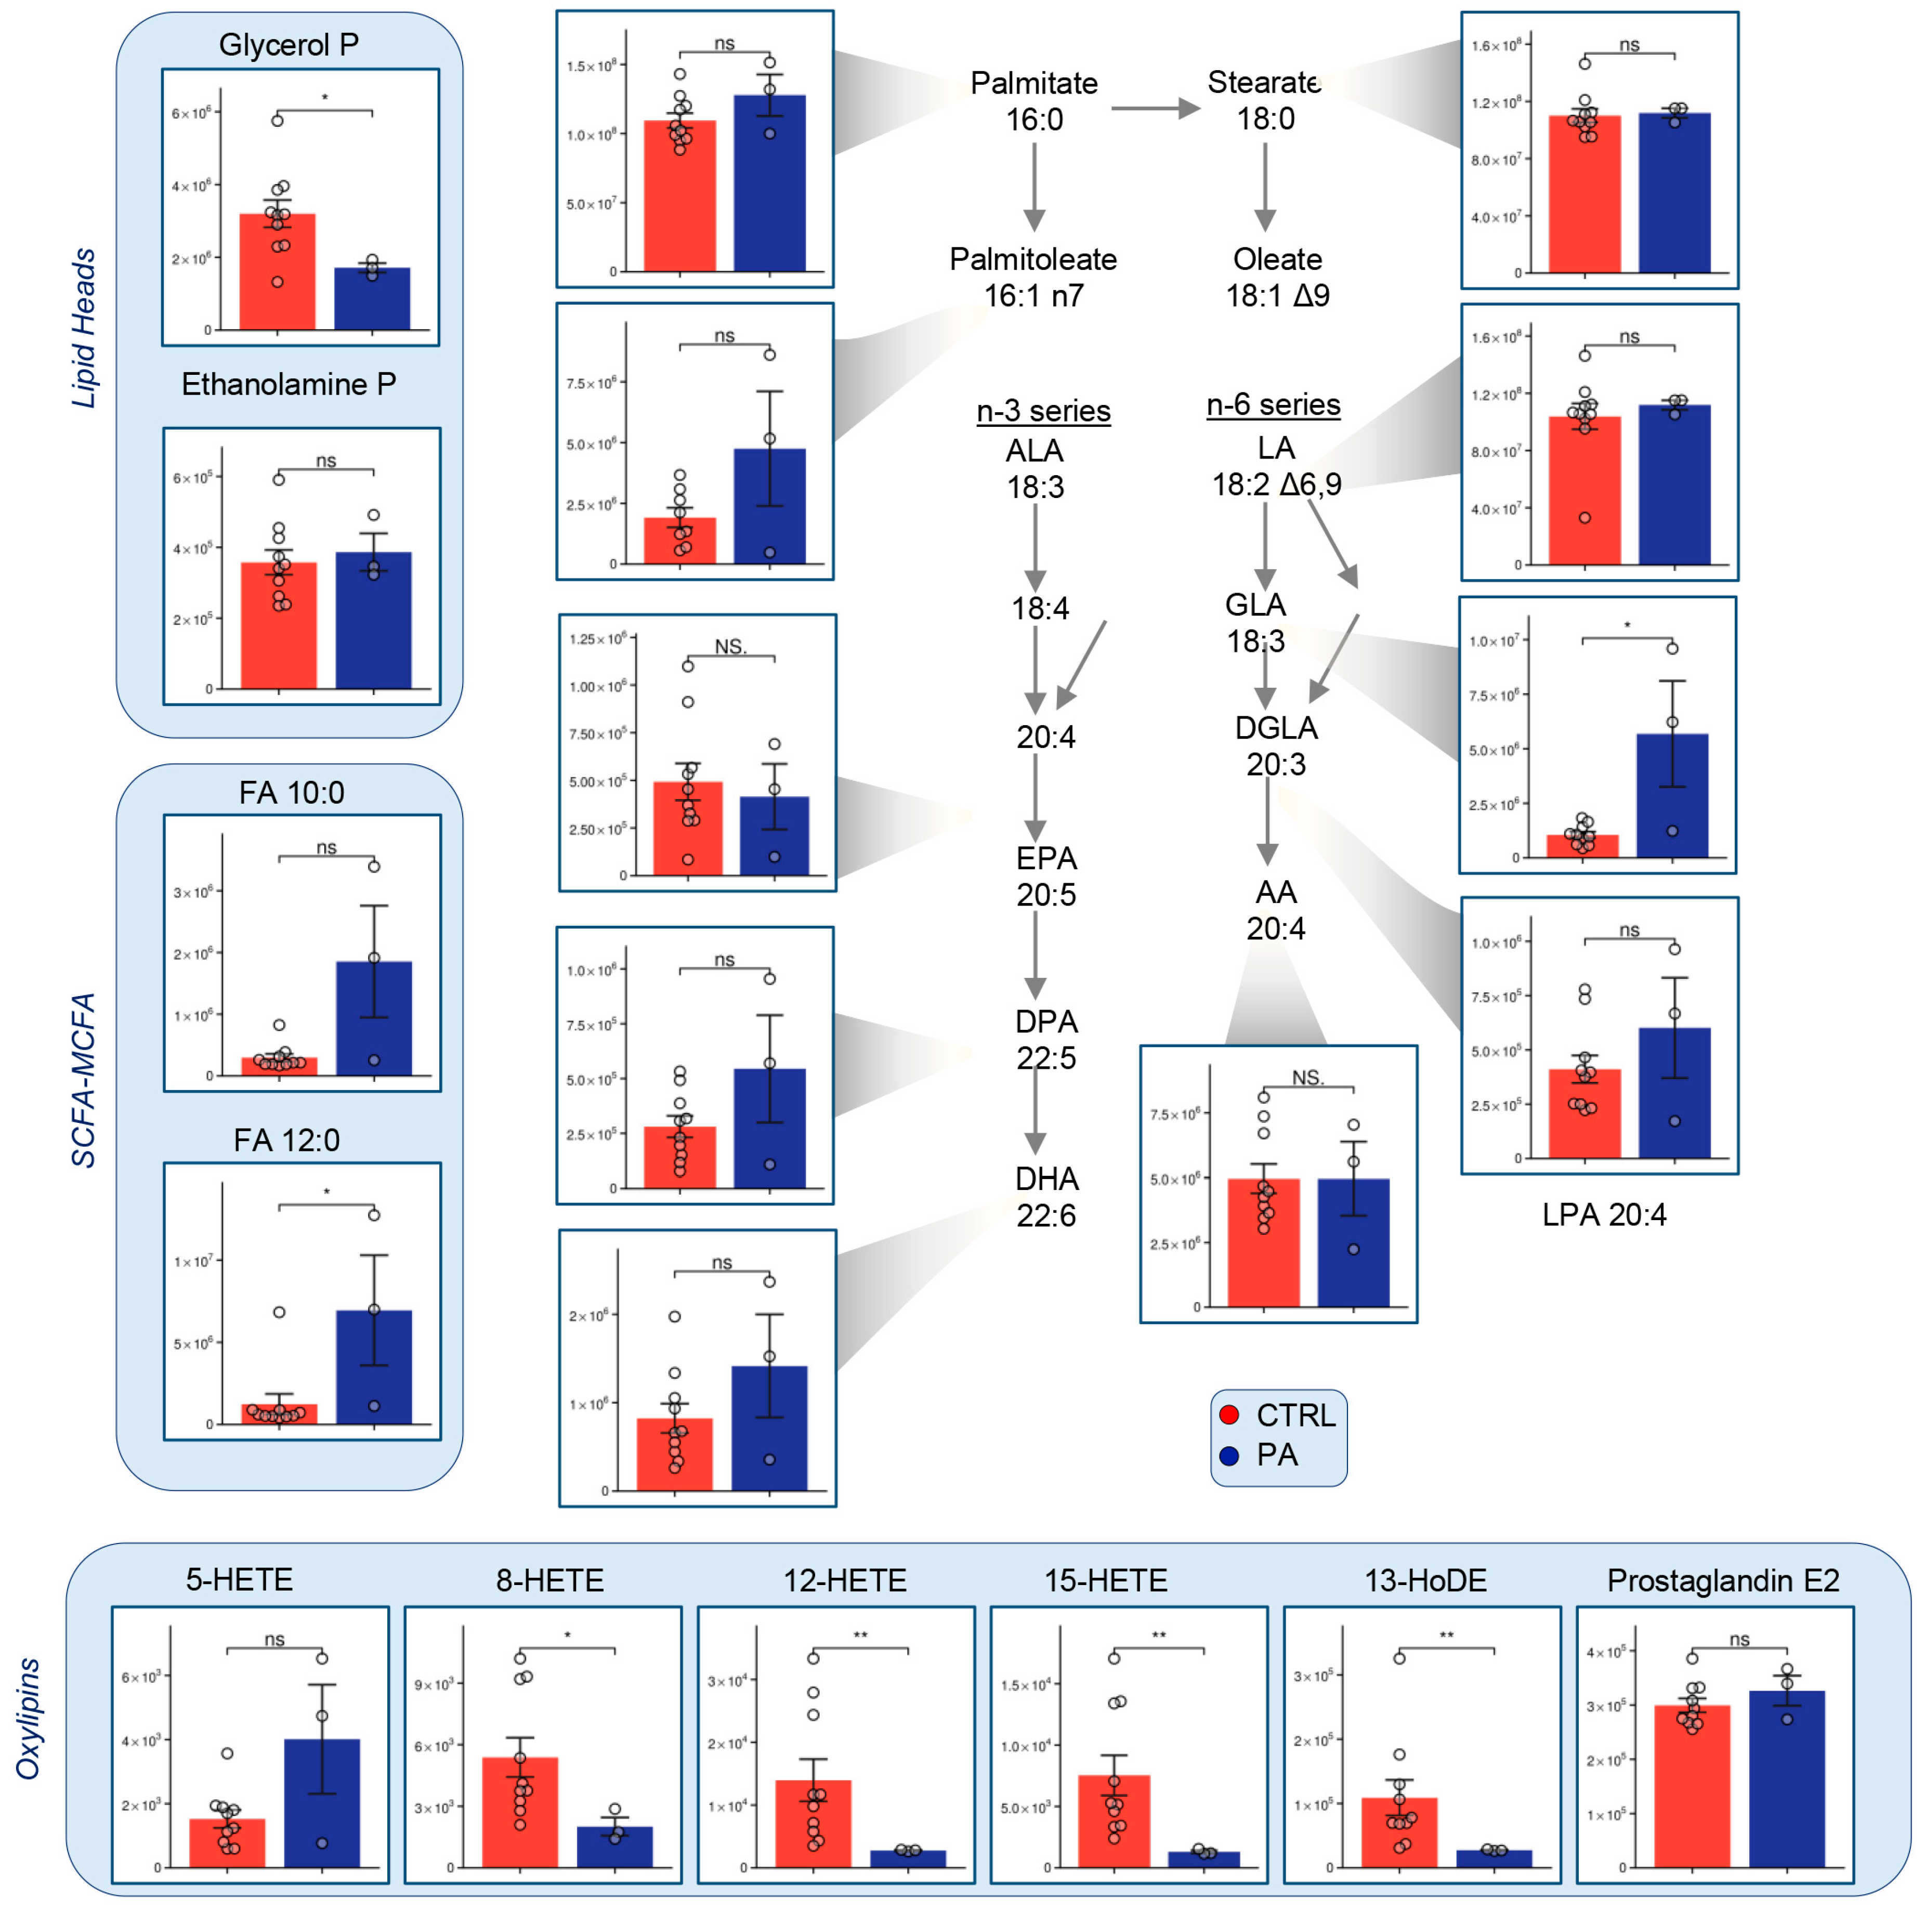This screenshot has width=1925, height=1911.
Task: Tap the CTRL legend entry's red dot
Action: pos(1229,1415)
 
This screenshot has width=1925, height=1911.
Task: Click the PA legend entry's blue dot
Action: pos(1229,1456)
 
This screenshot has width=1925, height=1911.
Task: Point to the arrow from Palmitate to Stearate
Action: pos(1155,108)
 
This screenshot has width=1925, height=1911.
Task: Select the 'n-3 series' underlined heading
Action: pos(1043,411)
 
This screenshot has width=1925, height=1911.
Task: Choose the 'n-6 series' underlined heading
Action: pos(1274,404)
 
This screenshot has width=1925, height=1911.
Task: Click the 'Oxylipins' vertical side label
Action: pos(28,1719)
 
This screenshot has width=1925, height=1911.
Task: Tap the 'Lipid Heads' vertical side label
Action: pos(84,329)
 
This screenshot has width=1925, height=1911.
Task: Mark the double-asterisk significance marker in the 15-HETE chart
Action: pos(1159,1636)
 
